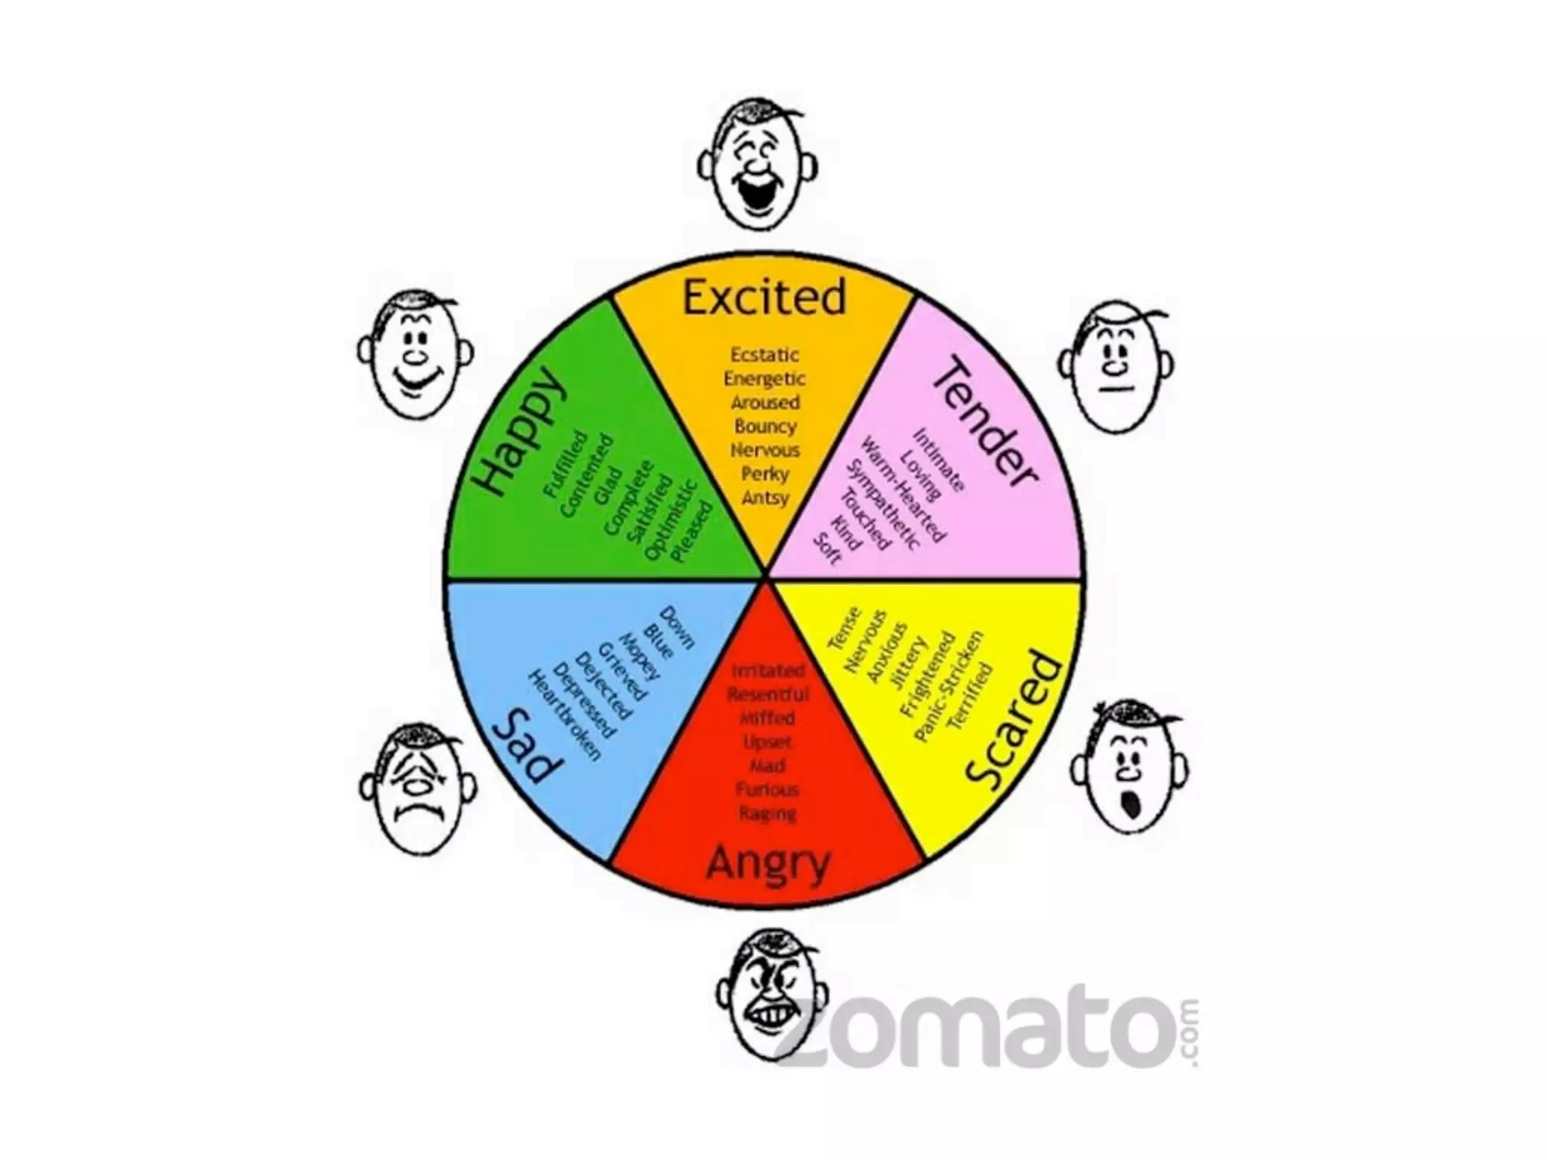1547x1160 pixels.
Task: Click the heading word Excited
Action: [764, 298]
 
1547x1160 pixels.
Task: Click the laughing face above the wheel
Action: [757, 167]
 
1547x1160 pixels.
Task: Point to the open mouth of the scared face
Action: [1131, 805]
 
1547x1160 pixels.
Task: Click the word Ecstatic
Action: [764, 354]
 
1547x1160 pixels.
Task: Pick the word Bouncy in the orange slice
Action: [765, 426]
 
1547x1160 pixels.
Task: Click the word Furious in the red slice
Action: [767, 790]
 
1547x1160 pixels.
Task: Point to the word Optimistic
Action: [669, 520]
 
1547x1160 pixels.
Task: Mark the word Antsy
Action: [765, 498]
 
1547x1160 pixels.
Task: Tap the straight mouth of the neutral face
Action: [1116, 389]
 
